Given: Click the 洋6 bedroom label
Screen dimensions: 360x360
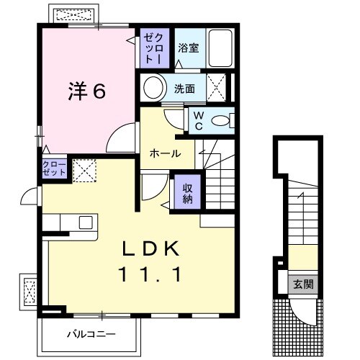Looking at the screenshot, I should (89, 91).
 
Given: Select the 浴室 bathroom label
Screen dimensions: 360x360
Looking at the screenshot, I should (189, 49).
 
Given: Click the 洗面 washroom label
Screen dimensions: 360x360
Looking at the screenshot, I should (184, 89).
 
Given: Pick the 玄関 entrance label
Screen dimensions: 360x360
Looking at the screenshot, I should (303, 284).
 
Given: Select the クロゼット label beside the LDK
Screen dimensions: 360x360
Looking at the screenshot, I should (55, 171).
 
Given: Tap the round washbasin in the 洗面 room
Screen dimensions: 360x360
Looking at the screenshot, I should (153, 89).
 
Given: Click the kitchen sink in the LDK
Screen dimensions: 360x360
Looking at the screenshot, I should (85, 222).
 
